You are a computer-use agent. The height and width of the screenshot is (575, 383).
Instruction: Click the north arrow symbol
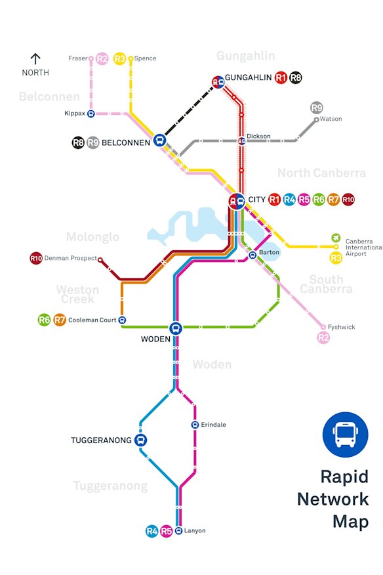tap(35, 58)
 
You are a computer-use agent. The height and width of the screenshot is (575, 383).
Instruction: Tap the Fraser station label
tap(77, 58)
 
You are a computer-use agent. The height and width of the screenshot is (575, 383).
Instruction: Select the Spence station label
tap(145, 58)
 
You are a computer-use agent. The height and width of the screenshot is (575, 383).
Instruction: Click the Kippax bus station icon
tap(91, 114)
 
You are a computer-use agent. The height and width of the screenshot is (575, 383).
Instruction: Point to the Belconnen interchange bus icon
tap(159, 140)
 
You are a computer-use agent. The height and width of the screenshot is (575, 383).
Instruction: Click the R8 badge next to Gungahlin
tap(296, 78)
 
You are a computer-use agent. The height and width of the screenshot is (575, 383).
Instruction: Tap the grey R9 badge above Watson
tap(317, 108)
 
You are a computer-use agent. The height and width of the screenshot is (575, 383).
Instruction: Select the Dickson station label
tap(258, 136)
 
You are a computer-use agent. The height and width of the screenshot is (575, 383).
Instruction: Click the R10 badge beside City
tap(348, 200)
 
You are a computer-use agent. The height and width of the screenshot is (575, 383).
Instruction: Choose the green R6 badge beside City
tap(319, 200)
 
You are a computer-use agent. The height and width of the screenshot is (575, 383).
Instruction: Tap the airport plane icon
tap(336, 238)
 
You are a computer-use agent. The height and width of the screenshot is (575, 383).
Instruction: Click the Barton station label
tap(270, 252)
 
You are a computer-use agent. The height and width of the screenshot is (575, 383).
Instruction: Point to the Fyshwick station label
tap(342, 327)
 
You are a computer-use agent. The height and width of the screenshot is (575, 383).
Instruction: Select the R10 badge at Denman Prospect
tap(36, 259)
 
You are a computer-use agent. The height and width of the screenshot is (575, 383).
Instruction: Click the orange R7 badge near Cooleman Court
tap(60, 320)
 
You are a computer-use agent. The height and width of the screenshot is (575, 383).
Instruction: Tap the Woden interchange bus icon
tap(176, 328)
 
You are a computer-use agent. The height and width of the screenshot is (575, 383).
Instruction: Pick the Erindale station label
tap(213, 425)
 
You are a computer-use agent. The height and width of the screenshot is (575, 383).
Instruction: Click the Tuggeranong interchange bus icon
tap(140, 440)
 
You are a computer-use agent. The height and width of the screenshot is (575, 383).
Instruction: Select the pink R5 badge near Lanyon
tap(167, 531)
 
